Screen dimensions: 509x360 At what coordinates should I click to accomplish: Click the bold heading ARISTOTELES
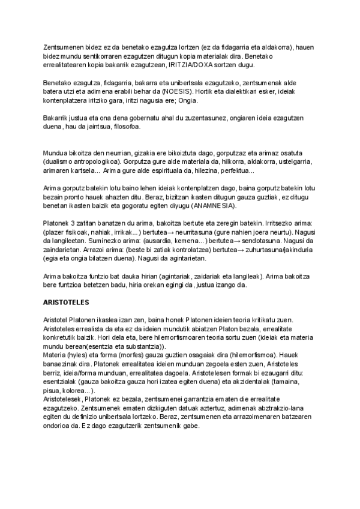66,302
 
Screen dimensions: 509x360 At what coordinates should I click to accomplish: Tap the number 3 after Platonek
73,223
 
